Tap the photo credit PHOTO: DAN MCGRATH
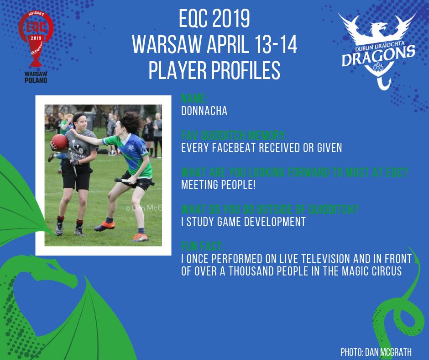click(375, 352)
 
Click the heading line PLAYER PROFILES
click(214, 70)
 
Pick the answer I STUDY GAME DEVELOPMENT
click(243, 222)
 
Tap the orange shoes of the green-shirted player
click(137, 236)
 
